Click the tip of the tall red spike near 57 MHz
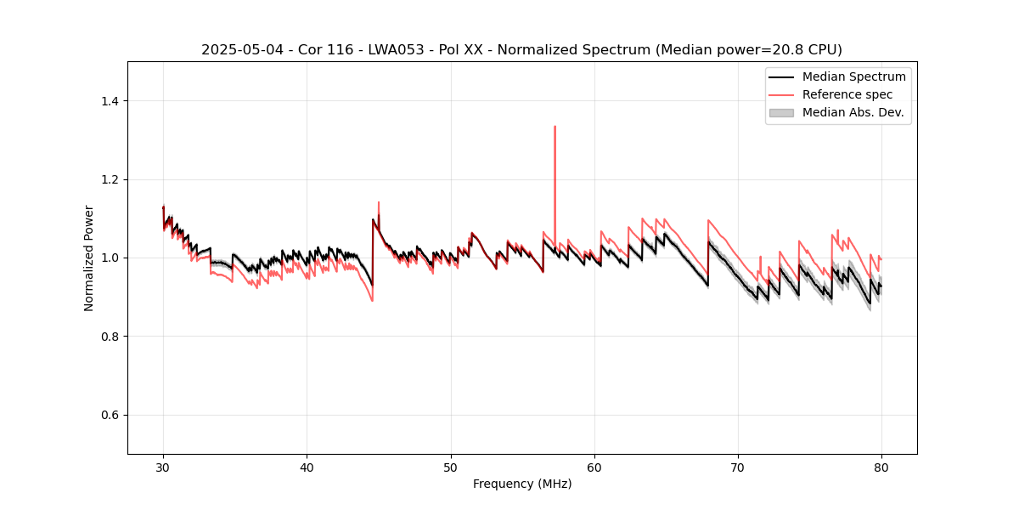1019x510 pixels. click(555, 127)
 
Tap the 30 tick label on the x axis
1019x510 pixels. click(164, 467)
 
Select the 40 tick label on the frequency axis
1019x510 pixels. click(307, 467)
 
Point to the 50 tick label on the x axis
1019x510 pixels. click(451, 467)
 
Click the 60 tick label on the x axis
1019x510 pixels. click(594, 467)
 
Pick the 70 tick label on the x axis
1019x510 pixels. click(738, 467)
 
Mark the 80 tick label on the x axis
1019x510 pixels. click(881, 467)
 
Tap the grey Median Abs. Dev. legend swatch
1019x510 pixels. click(780, 112)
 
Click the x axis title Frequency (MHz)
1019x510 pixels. click(522, 484)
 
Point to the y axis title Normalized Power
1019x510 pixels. click(89, 258)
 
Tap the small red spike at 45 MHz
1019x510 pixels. click(378, 202)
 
